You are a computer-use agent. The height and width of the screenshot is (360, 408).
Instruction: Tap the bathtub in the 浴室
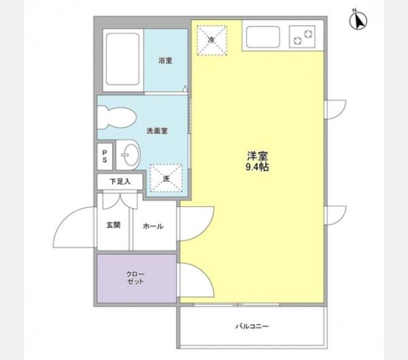122,59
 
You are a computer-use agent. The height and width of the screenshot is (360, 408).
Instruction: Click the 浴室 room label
165,61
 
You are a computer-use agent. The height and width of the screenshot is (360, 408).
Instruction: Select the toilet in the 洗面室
116,118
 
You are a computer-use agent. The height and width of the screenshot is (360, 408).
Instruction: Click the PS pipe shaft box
105,157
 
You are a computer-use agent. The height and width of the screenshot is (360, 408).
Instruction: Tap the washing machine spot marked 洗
166,178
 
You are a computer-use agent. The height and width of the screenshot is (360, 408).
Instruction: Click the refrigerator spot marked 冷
211,40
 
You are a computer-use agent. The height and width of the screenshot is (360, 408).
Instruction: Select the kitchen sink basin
262,37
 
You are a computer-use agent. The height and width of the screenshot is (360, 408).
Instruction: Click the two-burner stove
302,37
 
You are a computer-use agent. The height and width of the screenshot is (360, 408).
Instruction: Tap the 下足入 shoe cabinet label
120,181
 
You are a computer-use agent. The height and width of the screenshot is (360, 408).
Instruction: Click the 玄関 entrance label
114,225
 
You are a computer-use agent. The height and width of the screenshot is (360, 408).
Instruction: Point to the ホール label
153,226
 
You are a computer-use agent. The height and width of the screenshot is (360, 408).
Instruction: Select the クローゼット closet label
135,278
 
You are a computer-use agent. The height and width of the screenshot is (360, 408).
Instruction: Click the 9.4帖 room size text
257,167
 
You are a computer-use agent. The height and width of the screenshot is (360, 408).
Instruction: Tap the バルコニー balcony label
252,326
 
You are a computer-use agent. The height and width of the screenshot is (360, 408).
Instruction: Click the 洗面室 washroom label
157,131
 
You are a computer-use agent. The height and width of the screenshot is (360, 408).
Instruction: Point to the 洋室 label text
257,156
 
